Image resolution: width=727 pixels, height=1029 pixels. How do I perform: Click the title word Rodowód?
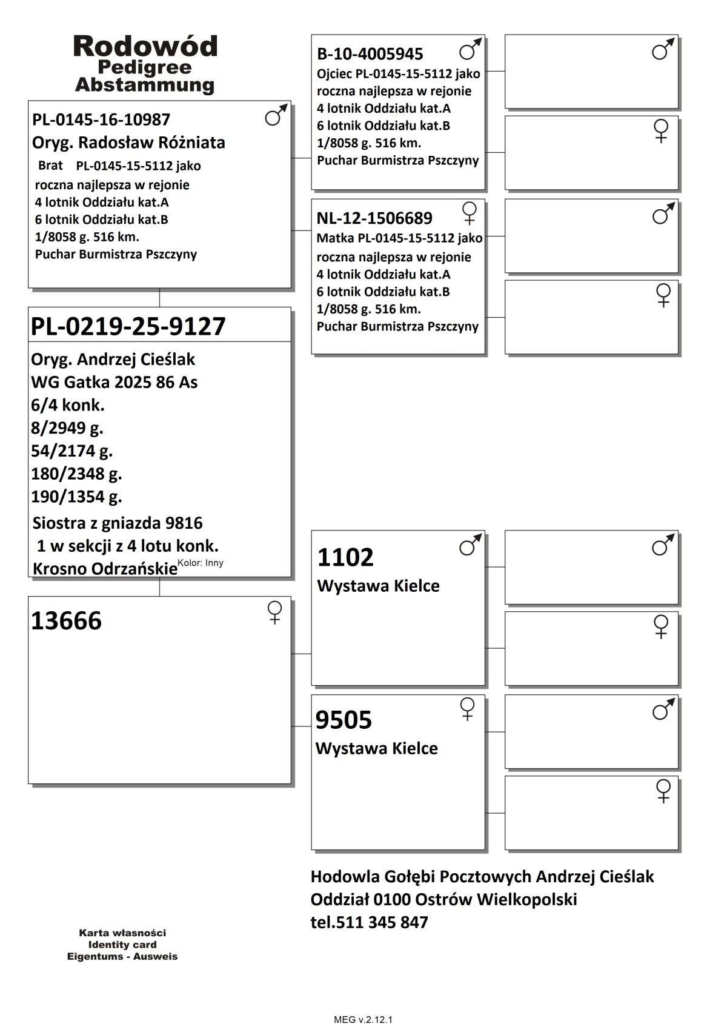(x=145, y=47)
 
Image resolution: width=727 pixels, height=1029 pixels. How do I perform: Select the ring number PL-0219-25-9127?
(x=128, y=326)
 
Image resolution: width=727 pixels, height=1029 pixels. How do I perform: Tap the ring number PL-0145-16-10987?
(x=101, y=119)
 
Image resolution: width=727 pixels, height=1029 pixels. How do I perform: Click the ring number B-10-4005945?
(x=370, y=54)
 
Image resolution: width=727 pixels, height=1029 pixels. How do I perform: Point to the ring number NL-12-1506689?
(x=374, y=218)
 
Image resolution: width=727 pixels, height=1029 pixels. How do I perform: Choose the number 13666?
(x=66, y=621)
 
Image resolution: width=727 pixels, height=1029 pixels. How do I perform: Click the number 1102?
(x=345, y=557)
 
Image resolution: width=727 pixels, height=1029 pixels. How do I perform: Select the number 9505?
(x=344, y=720)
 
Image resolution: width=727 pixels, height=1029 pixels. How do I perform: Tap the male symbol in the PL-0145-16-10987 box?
(x=276, y=115)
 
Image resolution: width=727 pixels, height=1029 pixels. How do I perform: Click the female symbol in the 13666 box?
(x=274, y=612)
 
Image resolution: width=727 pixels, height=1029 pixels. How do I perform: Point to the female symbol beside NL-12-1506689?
(x=469, y=213)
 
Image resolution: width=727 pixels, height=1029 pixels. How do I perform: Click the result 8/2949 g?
(x=67, y=428)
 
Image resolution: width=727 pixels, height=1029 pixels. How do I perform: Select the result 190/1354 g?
(x=76, y=497)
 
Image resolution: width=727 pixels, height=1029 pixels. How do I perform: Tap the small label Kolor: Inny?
(x=201, y=563)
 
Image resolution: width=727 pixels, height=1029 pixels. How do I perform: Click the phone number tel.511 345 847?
(x=369, y=922)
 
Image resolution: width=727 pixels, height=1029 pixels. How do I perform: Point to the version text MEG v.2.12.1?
(x=363, y=1019)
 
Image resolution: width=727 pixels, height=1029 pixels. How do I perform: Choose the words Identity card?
(x=122, y=944)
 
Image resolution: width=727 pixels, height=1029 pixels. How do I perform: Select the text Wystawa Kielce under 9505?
(x=376, y=748)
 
